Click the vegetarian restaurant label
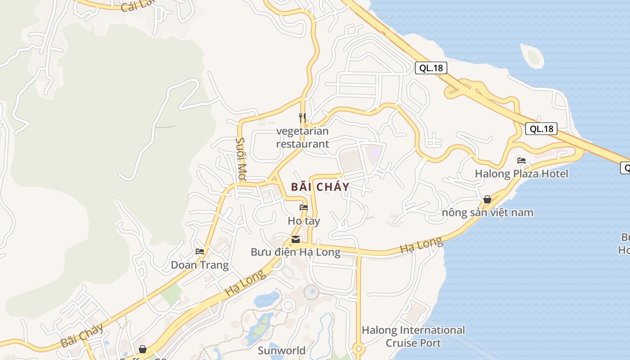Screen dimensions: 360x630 tap(302, 138)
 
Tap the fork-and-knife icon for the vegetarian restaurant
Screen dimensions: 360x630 tap(302, 118)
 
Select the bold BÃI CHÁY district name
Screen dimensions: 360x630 tap(320, 187)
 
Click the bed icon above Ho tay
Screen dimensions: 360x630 tap(304, 207)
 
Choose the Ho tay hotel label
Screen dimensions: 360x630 tap(304, 221)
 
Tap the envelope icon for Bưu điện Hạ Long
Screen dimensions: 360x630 tap(296, 239)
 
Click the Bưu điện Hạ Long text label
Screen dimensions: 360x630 tap(296, 252)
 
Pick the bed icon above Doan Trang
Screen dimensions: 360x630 tap(200, 251)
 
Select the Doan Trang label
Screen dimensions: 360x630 tap(200, 265)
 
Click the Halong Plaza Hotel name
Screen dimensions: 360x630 tap(522, 174)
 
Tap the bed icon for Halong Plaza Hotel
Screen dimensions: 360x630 tap(522, 160)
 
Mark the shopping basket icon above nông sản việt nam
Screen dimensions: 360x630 tap(487, 199)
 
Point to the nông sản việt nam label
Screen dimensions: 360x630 tap(487, 212)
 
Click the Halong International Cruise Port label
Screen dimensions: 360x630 tap(413, 337)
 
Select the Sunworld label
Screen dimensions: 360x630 tap(282, 350)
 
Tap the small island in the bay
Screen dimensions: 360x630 tap(533, 56)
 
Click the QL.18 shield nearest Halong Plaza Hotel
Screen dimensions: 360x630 tap(541, 129)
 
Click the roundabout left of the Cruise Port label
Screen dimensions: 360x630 tap(358, 349)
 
